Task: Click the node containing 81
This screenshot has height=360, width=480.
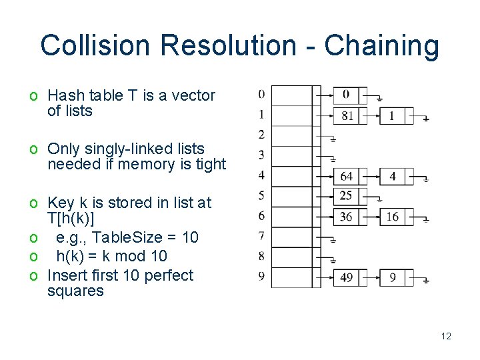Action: (347, 116)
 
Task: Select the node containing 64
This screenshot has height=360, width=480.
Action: (347, 177)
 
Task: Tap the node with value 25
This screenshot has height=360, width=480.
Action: (346, 196)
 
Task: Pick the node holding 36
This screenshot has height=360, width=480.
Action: (346, 217)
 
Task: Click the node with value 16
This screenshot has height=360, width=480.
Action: (392, 217)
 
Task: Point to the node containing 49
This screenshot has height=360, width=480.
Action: (346, 277)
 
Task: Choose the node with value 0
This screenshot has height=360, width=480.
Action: (346, 95)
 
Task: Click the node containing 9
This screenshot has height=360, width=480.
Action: (392, 277)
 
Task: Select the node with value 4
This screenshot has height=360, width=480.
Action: (392, 177)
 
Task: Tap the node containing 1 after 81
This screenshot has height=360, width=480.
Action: (392, 116)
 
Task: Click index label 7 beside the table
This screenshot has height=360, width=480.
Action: (261, 235)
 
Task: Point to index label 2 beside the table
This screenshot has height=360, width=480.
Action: (261, 135)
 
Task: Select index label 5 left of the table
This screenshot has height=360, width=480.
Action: (261, 195)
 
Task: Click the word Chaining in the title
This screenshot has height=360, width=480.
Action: (381, 46)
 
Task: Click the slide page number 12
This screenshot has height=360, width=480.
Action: (446, 336)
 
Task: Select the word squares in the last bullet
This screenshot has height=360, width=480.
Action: (75, 291)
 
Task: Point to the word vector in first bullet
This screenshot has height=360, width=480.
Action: (193, 95)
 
